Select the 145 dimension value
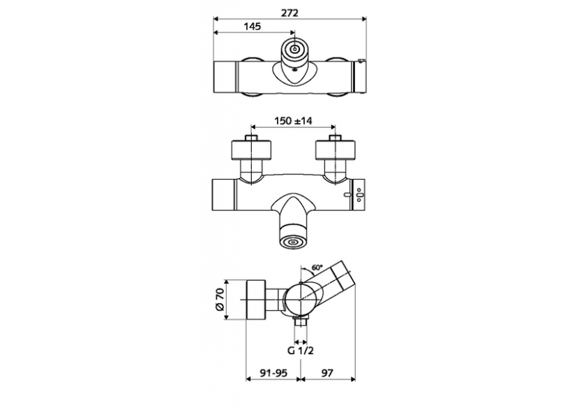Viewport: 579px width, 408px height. point(252,27)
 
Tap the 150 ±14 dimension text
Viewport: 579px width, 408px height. point(292,121)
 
